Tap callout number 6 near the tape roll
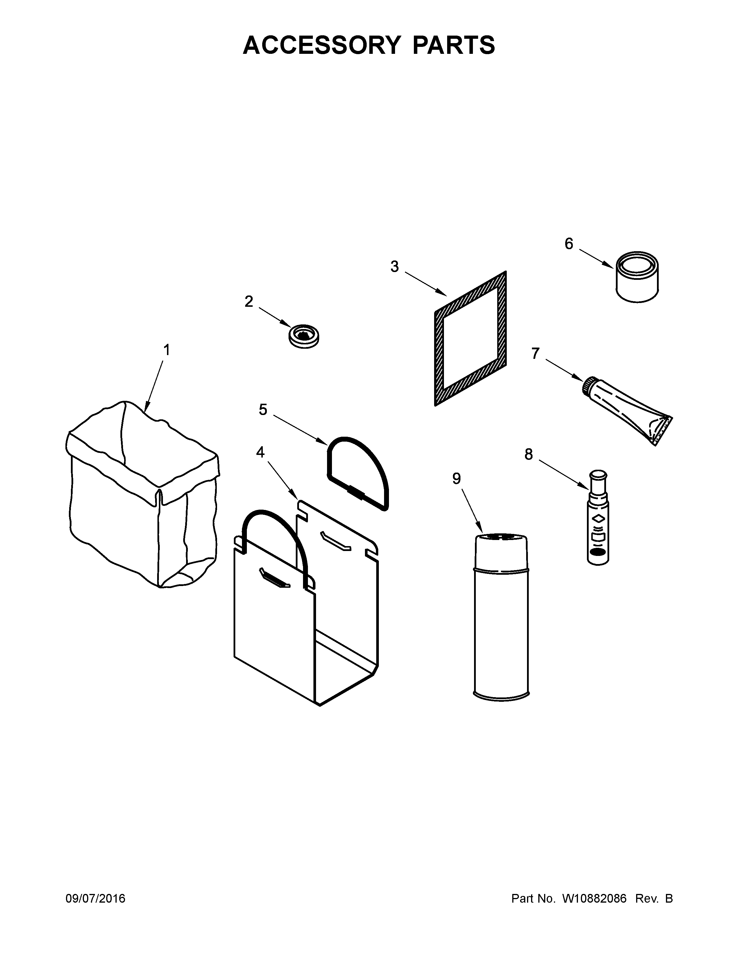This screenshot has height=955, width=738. click(568, 244)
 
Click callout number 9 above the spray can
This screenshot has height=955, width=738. click(456, 479)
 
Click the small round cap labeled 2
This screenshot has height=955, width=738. click(304, 337)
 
